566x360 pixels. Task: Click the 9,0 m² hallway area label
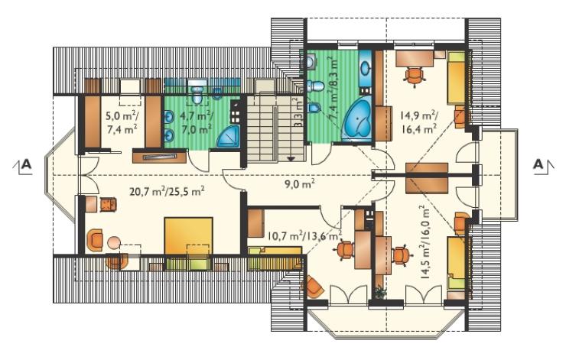[x=300, y=184]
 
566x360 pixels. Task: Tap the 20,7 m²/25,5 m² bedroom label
[x=168, y=191]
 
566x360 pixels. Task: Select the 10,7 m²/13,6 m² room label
[x=304, y=236]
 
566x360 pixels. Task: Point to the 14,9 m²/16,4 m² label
[x=419, y=122]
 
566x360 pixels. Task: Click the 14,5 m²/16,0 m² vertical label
[x=426, y=242]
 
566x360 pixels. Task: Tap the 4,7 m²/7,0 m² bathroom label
[x=197, y=122]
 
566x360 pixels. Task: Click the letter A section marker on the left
[x=26, y=164]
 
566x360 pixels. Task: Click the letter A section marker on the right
[x=538, y=164]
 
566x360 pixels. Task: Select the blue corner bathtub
[x=356, y=119]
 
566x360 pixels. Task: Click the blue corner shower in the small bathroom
[x=228, y=137]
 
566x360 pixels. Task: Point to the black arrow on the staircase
[x=291, y=158]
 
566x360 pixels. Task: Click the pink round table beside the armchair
[x=115, y=242]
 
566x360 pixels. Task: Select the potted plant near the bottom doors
[x=379, y=292]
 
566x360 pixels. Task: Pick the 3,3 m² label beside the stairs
[x=298, y=112]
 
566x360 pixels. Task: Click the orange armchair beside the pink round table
[x=96, y=239]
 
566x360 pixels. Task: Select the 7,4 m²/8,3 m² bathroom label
[x=333, y=91]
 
